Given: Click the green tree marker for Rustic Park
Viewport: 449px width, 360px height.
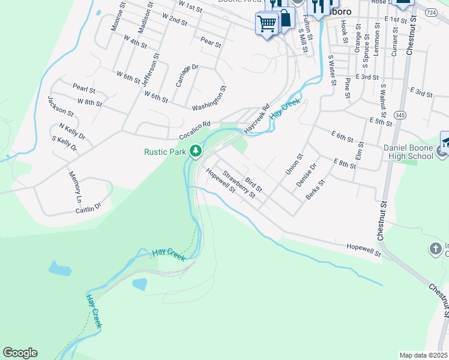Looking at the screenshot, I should point(194,151).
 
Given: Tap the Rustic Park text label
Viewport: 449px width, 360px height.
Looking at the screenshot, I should point(165,152).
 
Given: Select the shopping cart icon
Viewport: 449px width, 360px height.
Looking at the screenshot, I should point(266,23).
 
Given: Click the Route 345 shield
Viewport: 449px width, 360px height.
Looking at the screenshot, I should point(399,114).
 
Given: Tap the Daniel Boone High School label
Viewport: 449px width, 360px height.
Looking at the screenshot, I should point(408,152).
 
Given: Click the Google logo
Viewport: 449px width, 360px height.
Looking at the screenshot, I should point(20,353).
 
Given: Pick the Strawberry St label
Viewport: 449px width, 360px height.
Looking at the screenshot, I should point(239,185).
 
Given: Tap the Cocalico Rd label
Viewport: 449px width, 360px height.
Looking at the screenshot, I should point(194,128).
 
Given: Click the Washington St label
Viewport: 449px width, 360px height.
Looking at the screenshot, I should point(209,100).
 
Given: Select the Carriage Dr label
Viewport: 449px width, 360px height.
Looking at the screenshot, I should point(187,76).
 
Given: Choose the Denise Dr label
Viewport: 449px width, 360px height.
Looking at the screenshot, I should point(306,175).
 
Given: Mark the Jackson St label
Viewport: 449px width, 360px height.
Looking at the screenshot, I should point(60,106).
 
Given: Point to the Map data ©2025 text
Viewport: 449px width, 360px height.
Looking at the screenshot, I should point(423,355).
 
